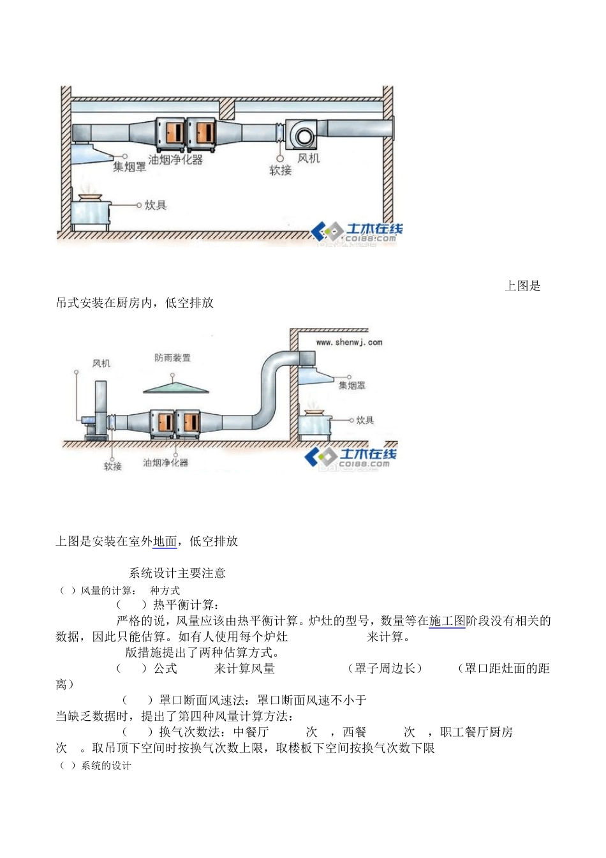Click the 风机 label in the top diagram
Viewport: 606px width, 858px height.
[x=309, y=158]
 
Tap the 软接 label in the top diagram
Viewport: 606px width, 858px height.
[x=280, y=170]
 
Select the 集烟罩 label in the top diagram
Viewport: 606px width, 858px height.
[x=129, y=167]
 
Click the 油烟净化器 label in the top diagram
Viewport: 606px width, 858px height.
[x=175, y=160]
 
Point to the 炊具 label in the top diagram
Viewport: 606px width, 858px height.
[x=156, y=205]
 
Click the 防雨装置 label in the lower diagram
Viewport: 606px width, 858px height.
[x=172, y=358]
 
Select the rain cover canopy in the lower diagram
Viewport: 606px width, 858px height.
[x=175, y=387]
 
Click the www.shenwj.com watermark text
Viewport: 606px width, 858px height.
[x=349, y=342]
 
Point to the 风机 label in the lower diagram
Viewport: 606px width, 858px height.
[x=101, y=363]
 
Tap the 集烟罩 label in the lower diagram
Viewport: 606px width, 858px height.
[x=352, y=386]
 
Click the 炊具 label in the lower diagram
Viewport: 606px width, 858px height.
[x=365, y=420]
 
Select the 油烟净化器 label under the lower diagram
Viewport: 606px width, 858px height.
[x=165, y=462]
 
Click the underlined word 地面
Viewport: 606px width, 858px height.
[x=165, y=541]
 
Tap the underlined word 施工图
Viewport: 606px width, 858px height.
[x=447, y=621]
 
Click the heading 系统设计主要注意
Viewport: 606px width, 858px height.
[x=177, y=573]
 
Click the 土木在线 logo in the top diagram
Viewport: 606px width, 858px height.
[x=358, y=232]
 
